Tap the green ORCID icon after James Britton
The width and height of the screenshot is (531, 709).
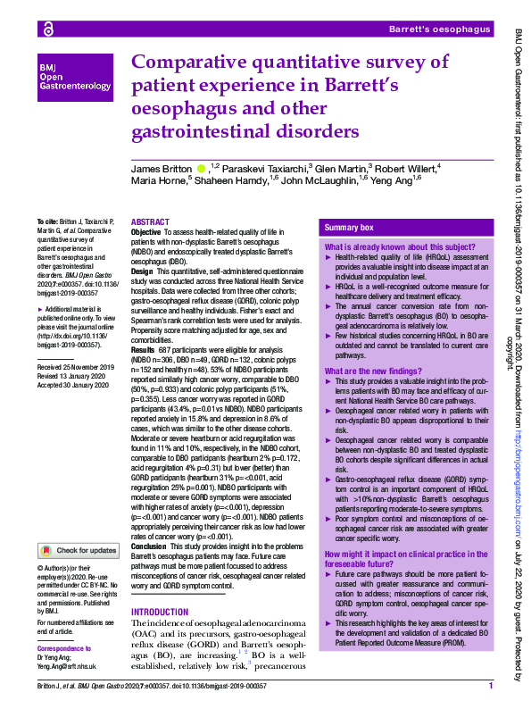pyautogui.click(x=202, y=168)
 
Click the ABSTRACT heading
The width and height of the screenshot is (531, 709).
pyautogui.click(x=149, y=221)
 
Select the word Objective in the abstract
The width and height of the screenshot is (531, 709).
pyautogui.click(x=146, y=232)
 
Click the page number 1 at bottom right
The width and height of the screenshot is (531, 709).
pyautogui.click(x=491, y=687)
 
